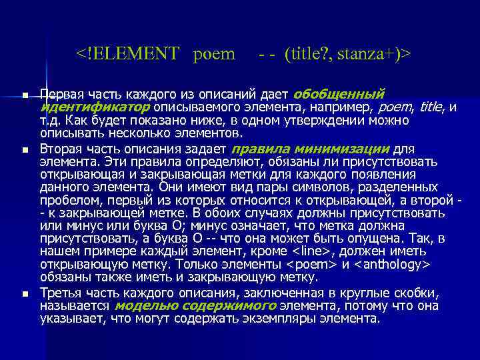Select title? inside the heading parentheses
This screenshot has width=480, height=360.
tap(307, 53)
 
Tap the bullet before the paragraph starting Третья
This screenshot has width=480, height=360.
tap(25, 294)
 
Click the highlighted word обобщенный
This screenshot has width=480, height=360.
tap(339, 94)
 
